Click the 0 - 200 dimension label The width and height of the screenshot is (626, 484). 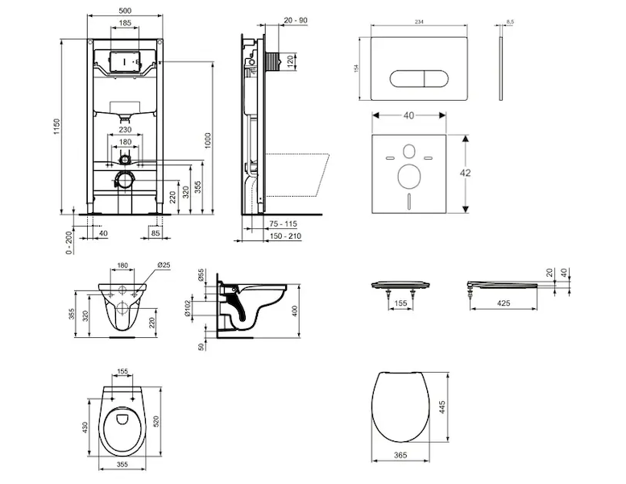click(70, 240)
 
